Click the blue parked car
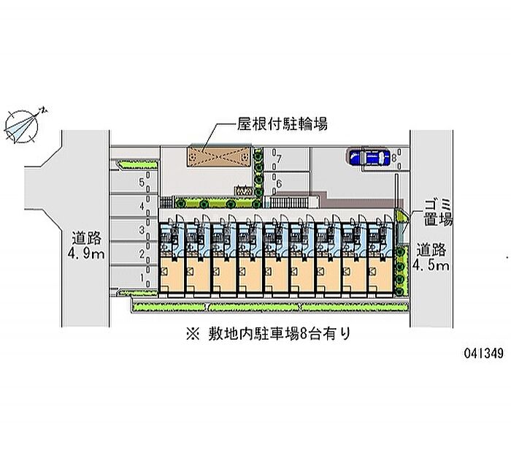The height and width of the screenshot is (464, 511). click(x=369, y=158)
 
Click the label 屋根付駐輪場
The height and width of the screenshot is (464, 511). click(x=281, y=123)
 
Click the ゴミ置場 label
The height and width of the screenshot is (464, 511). click(x=440, y=211)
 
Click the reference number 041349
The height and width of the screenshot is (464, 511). click(x=482, y=353)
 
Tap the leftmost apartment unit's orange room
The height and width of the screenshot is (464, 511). click(x=172, y=275)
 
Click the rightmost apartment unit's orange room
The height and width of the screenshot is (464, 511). click(x=379, y=275)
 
